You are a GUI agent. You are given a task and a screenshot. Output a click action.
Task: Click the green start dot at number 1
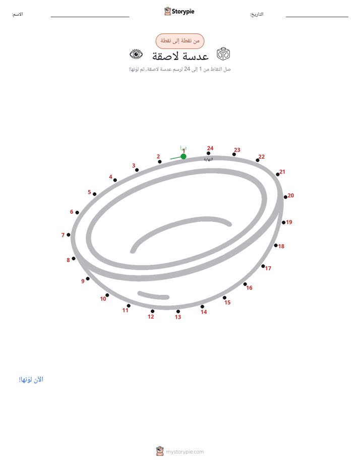click(183, 156)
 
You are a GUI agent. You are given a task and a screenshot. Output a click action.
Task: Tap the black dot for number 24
click(209, 153)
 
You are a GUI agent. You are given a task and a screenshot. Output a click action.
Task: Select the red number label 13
click(178, 317)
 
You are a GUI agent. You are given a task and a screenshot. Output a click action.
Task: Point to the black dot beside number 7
click(68, 235)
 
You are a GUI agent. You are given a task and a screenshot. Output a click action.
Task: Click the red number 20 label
click(291, 196)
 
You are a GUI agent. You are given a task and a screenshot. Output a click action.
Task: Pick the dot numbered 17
click(263, 266)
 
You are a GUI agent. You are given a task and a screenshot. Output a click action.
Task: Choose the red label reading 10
click(103, 299)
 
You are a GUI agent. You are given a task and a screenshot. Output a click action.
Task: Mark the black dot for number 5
click(94, 194)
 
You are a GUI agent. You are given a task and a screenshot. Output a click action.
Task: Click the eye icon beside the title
click(136, 54)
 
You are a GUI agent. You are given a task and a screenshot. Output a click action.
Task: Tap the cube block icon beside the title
click(223, 54)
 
